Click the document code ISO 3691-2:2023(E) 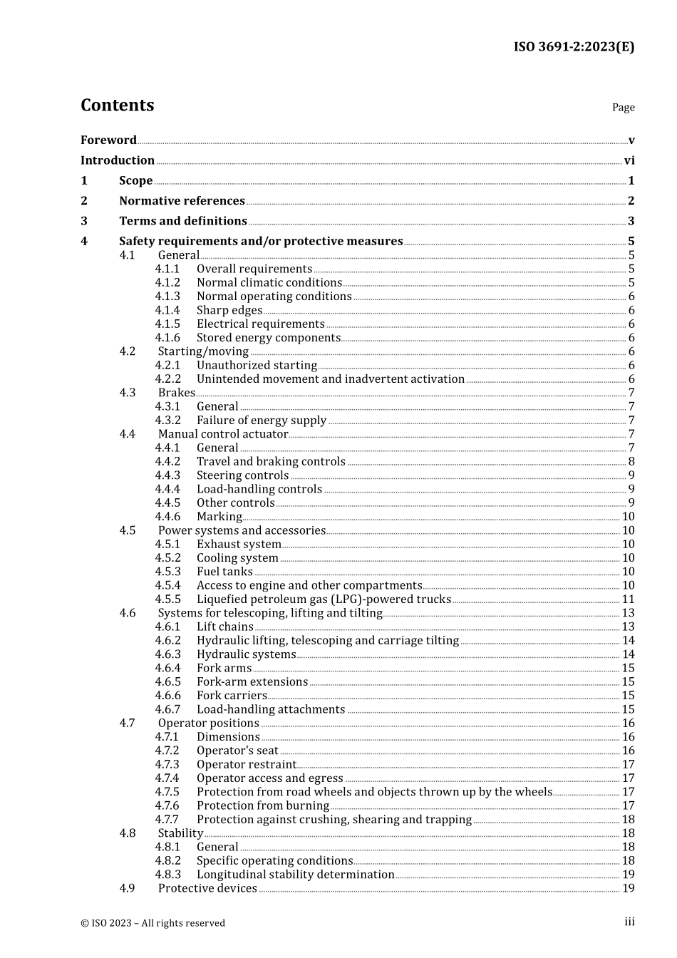tap(574, 47)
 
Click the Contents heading tap(117, 105)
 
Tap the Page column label tap(623, 108)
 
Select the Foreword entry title tap(108, 140)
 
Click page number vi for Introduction tap(629, 161)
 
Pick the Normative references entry tap(182, 201)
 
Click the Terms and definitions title tap(183, 222)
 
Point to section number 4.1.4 tap(167, 311)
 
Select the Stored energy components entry tap(269, 338)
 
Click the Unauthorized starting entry tap(257, 366)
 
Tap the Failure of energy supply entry tap(262, 421)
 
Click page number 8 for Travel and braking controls tap(631, 462)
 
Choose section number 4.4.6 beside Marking tap(167, 517)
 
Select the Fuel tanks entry tap(224, 572)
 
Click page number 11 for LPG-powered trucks tap(628, 599)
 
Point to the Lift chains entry tap(225, 627)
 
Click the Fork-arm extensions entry tap(252, 682)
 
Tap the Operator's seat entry tap(237, 751)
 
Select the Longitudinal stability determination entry tap(295, 875)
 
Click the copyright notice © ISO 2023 tap(153, 923)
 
